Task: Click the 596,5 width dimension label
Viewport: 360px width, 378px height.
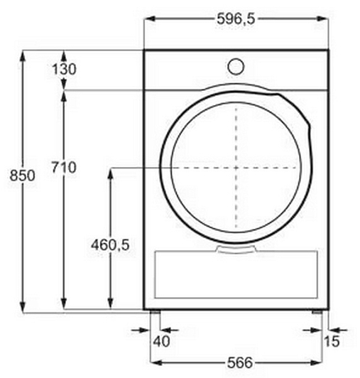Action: click(x=236, y=18)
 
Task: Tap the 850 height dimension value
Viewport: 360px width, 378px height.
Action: click(x=22, y=175)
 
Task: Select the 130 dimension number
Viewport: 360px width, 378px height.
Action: click(x=64, y=69)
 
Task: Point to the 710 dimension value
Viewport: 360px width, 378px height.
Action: click(x=64, y=167)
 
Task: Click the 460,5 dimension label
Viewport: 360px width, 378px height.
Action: click(x=110, y=244)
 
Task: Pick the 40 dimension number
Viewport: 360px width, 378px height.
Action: click(x=161, y=341)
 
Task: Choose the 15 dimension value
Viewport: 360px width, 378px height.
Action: click(x=332, y=341)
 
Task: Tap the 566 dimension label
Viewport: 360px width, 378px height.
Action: click(x=240, y=362)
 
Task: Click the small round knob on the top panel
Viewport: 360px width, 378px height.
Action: click(x=236, y=66)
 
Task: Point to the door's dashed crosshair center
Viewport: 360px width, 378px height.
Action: click(x=236, y=168)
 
